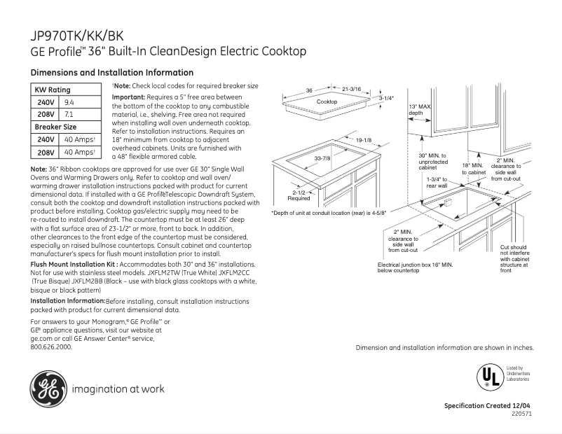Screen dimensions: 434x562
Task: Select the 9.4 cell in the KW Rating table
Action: coord(69,102)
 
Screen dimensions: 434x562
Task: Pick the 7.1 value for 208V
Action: coord(69,113)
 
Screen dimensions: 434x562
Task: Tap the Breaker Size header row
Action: coord(56,127)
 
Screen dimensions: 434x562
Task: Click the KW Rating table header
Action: coord(53,90)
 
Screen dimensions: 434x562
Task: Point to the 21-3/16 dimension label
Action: coord(351,90)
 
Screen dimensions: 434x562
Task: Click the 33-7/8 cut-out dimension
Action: coord(322,158)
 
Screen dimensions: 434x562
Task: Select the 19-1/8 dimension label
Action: coord(363,141)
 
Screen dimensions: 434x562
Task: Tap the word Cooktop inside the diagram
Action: coord(327,102)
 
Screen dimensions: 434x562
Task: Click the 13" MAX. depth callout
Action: coord(419,109)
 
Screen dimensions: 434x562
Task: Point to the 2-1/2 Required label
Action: coord(299,195)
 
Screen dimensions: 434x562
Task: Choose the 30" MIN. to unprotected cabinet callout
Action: coord(432,161)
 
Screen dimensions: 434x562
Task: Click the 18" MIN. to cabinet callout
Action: coord(473,168)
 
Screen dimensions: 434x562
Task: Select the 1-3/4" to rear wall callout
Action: coord(441,183)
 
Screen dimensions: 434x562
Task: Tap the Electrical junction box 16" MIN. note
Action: coord(415,267)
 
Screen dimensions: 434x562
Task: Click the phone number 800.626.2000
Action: coord(51,346)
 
